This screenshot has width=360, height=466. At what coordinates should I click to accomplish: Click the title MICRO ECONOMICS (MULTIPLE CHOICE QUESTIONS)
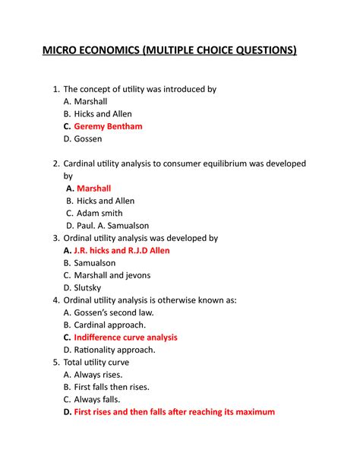click(x=179, y=51)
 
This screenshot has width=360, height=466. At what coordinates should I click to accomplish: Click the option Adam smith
click(x=99, y=213)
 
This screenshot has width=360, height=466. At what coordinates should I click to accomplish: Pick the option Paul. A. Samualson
click(x=113, y=225)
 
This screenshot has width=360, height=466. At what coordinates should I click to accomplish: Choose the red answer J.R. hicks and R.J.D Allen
click(x=122, y=250)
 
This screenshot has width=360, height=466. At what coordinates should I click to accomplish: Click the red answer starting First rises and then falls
click(x=174, y=412)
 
